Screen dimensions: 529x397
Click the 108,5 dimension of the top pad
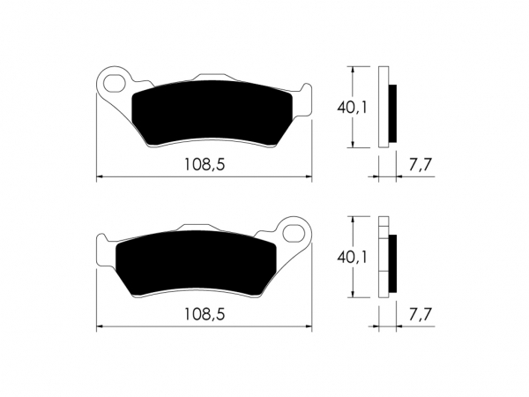pos(205,164)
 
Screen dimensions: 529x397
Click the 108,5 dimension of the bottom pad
pos(205,315)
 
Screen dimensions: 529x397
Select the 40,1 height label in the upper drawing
pos(352,108)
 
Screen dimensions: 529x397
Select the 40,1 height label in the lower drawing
pos(352,258)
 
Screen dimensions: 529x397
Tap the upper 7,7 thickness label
pos(420,165)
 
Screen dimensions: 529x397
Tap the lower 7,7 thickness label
pos(420,315)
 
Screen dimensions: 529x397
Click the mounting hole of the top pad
pos(114,83)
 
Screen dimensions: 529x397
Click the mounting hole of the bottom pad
pos(294,233)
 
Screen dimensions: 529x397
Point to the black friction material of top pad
pos(212,112)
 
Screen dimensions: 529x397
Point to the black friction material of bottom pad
pos(196,263)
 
